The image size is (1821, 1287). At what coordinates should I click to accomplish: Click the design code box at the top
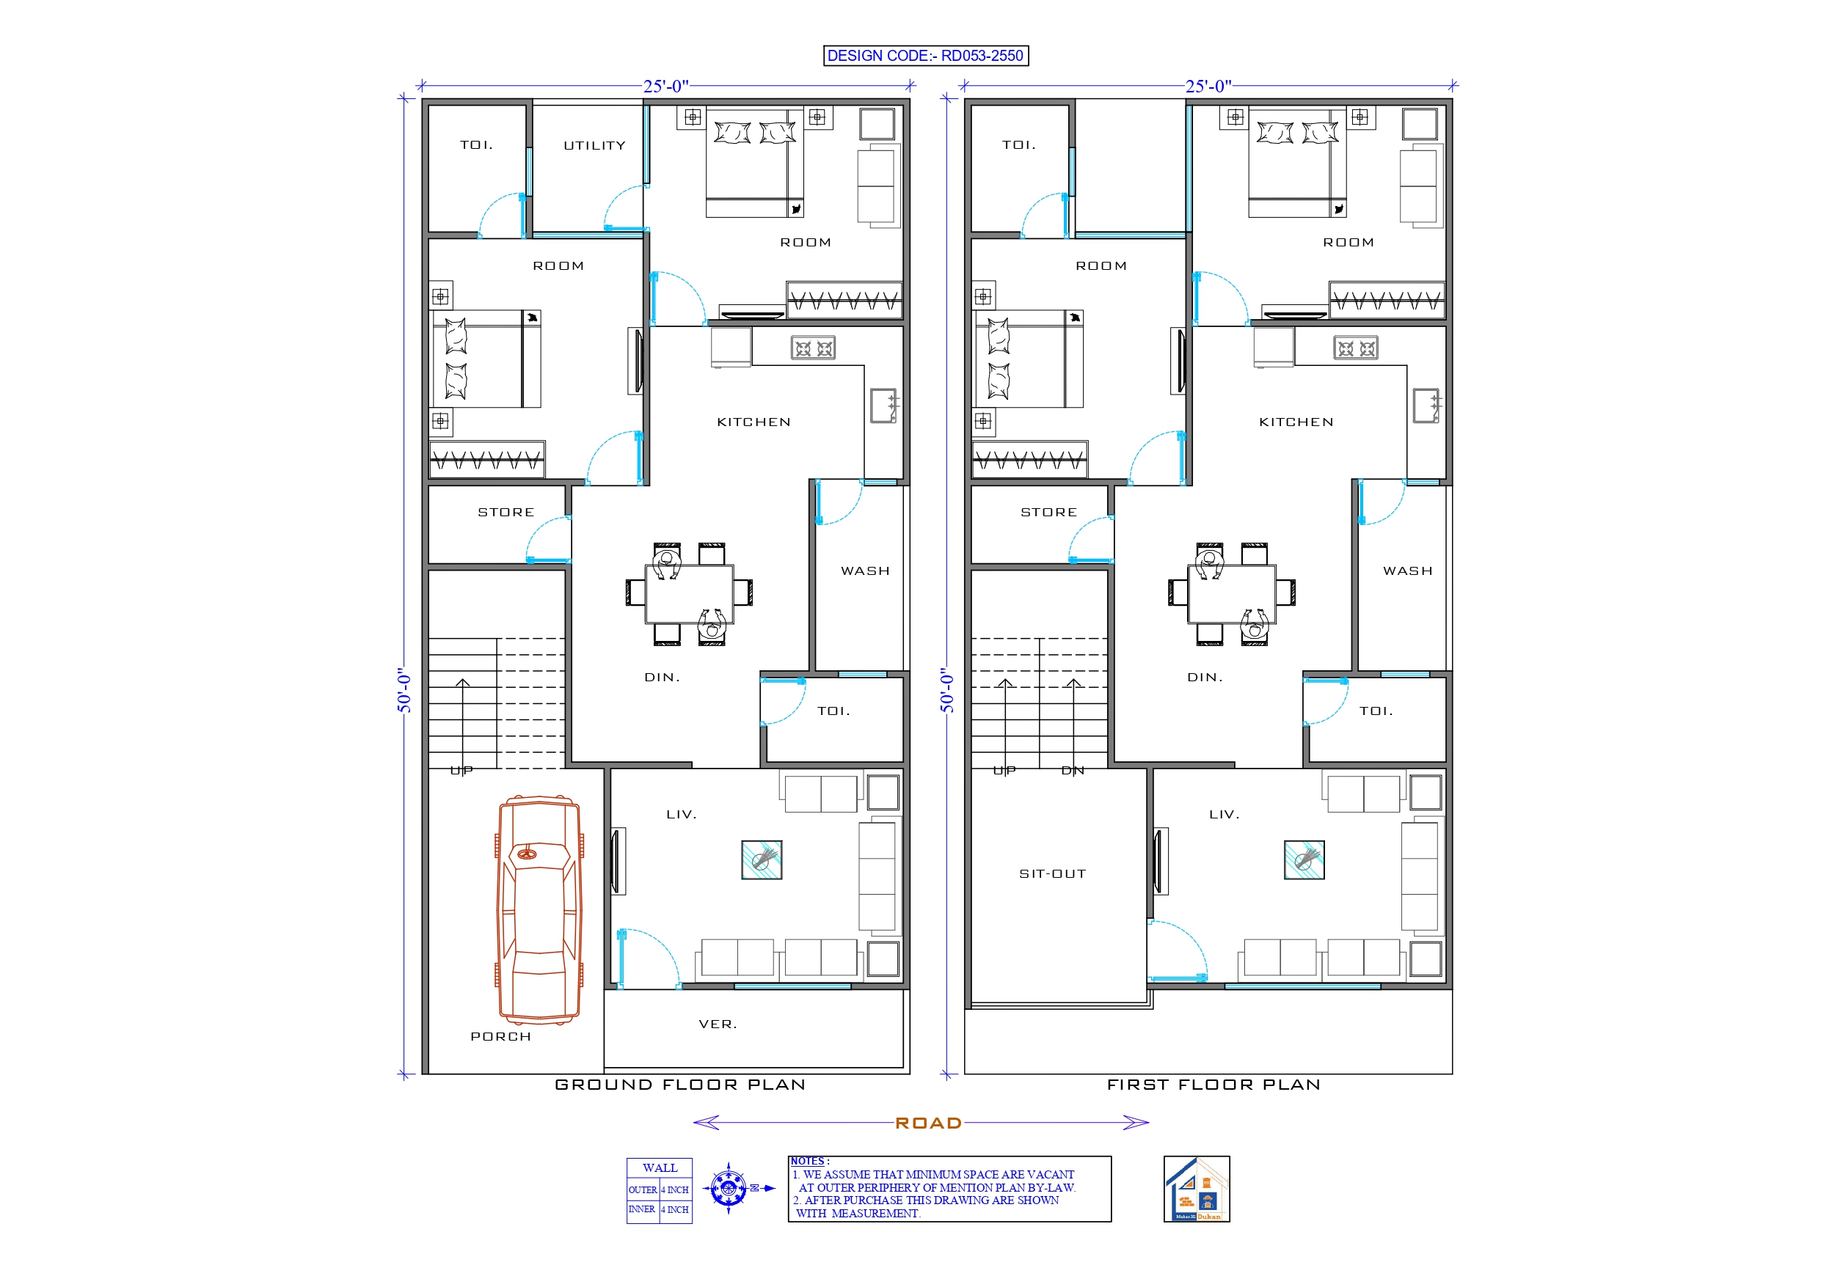click(926, 56)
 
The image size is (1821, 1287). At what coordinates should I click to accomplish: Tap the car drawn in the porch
click(539, 909)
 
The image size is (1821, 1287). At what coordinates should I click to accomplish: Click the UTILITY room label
click(594, 146)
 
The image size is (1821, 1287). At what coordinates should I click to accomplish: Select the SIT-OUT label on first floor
click(1053, 874)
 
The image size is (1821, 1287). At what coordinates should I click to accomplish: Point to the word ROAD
click(928, 1123)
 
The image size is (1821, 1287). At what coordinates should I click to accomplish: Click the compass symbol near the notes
click(728, 1188)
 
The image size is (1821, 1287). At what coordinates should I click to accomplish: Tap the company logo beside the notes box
click(1196, 1189)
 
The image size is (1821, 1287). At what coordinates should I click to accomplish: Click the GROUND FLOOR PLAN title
click(679, 1085)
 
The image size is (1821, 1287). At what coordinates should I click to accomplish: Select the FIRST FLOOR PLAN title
click(1214, 1085)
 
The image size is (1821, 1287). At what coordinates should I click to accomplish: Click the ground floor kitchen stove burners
click(813, 348)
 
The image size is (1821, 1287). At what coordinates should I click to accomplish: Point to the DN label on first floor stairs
click(1073, 771)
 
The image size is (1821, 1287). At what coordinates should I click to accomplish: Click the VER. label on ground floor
click(718, 1024)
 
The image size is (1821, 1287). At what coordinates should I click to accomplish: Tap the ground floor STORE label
click(506, 513)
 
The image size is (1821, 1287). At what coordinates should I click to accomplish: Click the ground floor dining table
click(688, 593)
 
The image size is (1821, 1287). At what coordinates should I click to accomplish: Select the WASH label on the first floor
click(1408, 571)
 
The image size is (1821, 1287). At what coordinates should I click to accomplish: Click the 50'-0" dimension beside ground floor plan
click(404, 690)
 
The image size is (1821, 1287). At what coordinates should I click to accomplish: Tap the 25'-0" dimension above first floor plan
click(1207, 87)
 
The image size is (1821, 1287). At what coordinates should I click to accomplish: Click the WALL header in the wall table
click(659, 1168)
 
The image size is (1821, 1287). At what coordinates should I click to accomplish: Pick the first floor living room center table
click(1304, 859)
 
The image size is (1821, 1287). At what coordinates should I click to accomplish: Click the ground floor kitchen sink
click(883, 406)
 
